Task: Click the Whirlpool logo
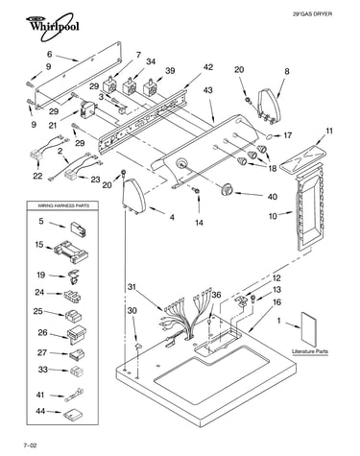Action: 53,26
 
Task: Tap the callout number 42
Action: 207,67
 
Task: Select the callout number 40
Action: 272,197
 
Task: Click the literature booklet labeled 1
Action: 308,327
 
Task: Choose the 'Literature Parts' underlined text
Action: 310,351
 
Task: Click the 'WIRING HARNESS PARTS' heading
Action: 63,205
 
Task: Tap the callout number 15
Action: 39,245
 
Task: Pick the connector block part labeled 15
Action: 71,252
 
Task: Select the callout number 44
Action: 40,411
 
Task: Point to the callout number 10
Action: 273,216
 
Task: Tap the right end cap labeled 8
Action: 269,107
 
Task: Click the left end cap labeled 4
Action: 133,196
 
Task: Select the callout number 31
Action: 132,287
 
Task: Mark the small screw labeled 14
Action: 197,191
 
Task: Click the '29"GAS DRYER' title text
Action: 312,14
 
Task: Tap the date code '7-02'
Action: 30,445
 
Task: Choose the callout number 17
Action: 287,135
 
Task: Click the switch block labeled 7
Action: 110,85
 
